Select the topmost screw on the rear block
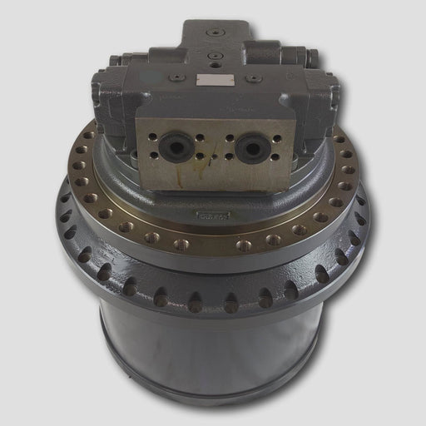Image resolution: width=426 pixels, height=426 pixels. click(x=216, y=32)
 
